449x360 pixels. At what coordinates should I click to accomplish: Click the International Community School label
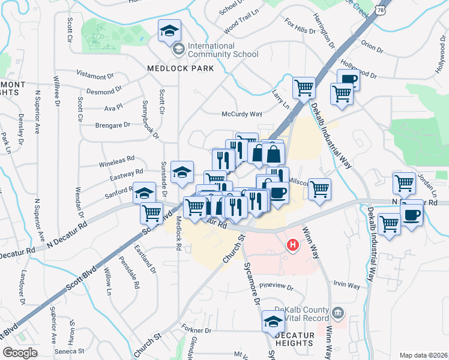coord(223,50)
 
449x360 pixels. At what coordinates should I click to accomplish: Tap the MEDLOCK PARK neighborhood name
coord(181,68)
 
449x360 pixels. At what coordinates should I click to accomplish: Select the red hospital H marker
coord(293,245)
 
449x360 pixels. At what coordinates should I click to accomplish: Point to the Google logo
coord(20,353)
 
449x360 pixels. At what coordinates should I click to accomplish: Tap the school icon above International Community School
coord(170,30)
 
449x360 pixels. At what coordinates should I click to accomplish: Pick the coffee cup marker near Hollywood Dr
coord(349,80)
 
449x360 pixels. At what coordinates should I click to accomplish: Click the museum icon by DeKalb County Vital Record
coord(338,313)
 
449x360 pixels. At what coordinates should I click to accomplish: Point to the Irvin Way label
coord(347,286)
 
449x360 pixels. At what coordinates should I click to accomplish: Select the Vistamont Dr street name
coord(95,76)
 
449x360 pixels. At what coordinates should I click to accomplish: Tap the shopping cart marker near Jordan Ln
coord(405,182)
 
